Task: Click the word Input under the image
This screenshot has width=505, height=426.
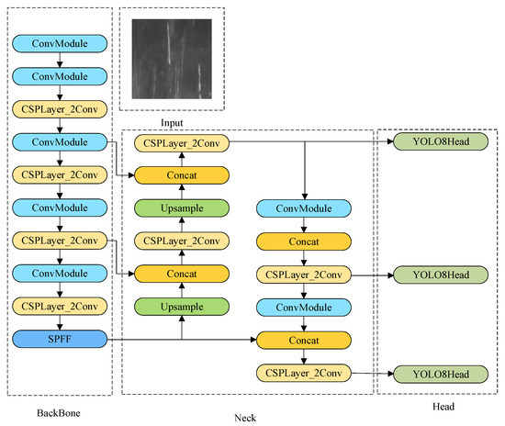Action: [x=173, y=121]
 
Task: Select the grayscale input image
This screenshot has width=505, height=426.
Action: [x=172, y=61]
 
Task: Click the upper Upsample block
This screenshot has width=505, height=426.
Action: [x=182, y=208]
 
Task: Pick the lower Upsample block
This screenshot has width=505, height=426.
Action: [x=182, y=308]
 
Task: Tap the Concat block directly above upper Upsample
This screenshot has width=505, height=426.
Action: [x=182, y=175]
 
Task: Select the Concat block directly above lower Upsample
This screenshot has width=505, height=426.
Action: [x=182, y=275]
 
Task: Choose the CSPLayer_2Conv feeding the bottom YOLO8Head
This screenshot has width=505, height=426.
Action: [x=304, y=374]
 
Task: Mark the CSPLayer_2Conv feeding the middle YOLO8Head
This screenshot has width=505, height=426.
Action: [x=304, y=275]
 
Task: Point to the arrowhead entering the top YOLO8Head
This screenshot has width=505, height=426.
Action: [x=388, y=142]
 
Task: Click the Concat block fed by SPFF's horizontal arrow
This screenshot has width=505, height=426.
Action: [x=304, y=341]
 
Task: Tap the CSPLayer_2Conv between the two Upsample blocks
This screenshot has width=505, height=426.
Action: [x=182, y=241]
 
